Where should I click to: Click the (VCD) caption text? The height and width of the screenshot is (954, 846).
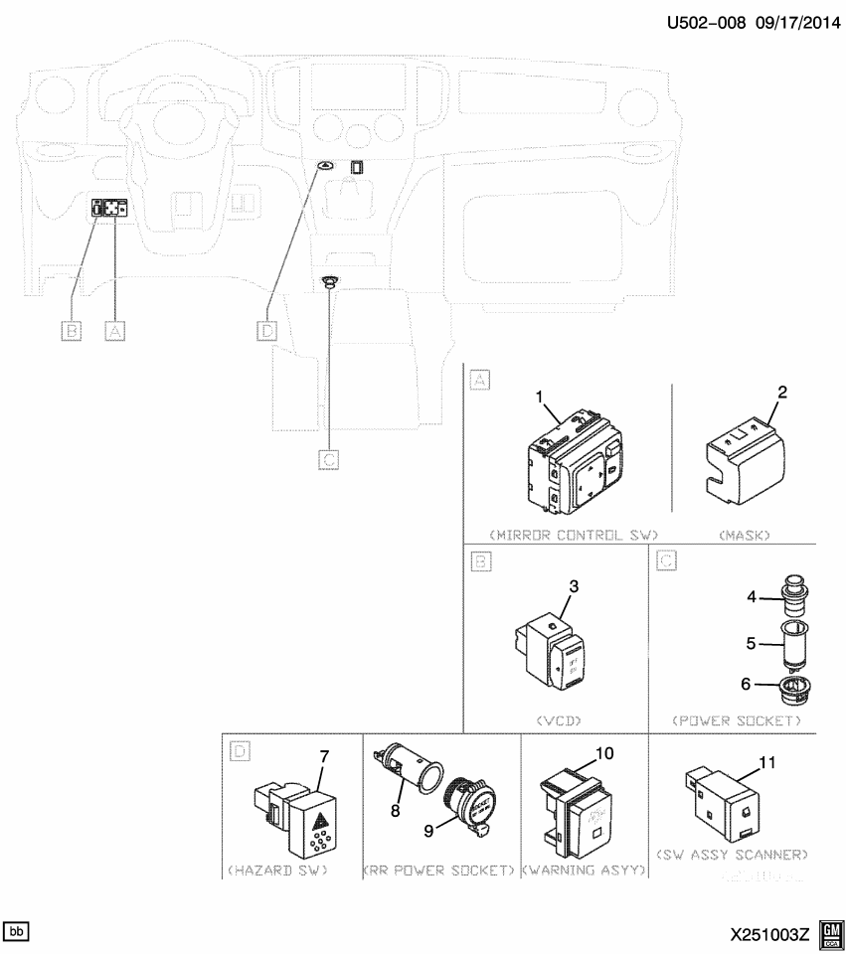558,719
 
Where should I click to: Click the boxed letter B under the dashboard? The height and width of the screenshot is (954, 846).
72,331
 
